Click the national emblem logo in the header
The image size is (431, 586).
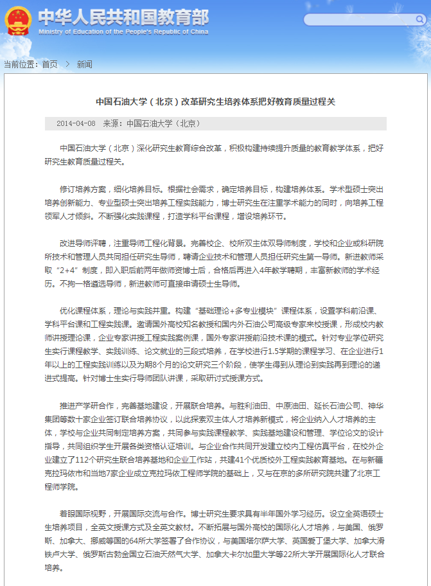coord(17,20)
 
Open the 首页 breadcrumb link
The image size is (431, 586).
coord(49,64)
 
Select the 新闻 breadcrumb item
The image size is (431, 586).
coord(84,64)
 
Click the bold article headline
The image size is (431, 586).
coord(216,102)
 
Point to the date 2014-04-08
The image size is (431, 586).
coord(76,123)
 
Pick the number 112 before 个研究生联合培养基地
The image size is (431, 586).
coord(82,462)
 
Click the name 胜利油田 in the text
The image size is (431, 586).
coord(254,406)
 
